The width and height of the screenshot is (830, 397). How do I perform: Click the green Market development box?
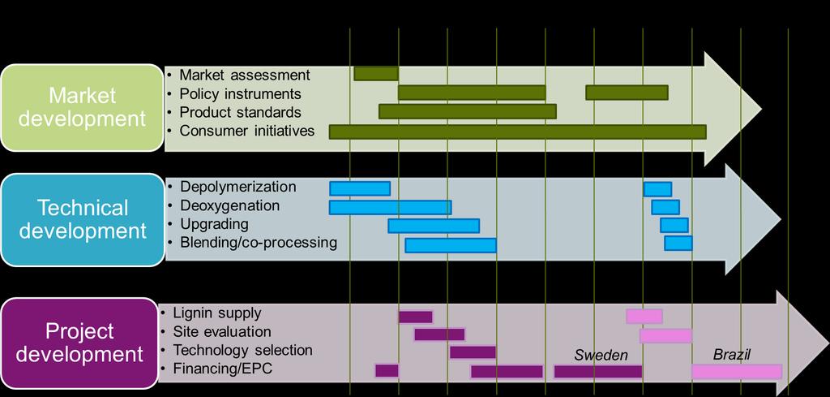pyautogui.click(x=82, y=108)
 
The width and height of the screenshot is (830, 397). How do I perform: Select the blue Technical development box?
pyautogui.click(x=83, y=219)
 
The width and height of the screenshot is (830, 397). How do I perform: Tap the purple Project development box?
pyautogui.click(x=79, y=343)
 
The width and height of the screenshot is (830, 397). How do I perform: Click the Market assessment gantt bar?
pyautogui.click(x=376, y=74)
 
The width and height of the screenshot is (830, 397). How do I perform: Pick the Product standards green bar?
pyautogui.click(x=468, y=111)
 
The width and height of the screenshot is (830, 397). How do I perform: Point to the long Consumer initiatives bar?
pyautogui.click(x=518, y=132)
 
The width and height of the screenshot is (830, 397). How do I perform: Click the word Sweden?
pyautogui.click(x=601, y=355)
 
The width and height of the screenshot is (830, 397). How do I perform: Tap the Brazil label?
pyautogui.click(x=732, y=355)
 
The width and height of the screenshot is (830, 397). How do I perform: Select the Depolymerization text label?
pyautogui.click(x=238, y=187)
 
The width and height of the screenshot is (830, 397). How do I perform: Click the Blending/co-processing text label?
pyautogui.click(x=259, y=243)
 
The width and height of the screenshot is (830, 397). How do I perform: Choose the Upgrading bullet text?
pyautogui.click(x=214, y=224)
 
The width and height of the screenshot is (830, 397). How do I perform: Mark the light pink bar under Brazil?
pyautogui.click(x=737, y=372)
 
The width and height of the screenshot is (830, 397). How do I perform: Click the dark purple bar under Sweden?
pyautogui.click(x=598, y=372)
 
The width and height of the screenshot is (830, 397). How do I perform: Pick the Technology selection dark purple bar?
pyautogui.click(x=473, y=352)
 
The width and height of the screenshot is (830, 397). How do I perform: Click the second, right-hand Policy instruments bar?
pyautogui.click(x=627, y=93)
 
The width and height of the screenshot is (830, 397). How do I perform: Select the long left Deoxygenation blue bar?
pyautogui.click(x=390, y=207)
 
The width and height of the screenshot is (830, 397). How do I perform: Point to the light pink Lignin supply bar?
pyautogui.click(x=644, y=317)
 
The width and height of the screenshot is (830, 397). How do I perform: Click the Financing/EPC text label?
pyautogui.click(x=222, y=369)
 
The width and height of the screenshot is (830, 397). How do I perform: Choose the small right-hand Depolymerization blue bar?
pyautogui.click(x=657, y=189)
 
